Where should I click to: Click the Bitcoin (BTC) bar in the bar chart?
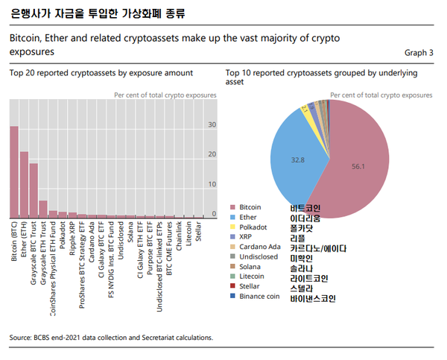click(14, 172)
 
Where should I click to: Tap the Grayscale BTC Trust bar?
click(34, 191)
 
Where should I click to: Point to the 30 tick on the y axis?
click(212, 124)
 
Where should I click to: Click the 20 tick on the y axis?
click(212, 154)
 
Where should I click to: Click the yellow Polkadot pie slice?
click(306, 110)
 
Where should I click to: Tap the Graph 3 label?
click(419, 53)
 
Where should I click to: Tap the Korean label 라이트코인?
click(310, 275)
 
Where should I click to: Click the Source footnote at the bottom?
click(111, 338)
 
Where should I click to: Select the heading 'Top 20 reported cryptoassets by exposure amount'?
click(101, 73)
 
